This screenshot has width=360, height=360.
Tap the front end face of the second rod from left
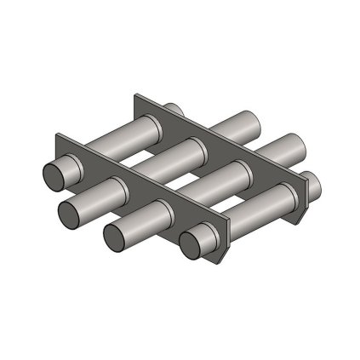[x=71, y=209]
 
